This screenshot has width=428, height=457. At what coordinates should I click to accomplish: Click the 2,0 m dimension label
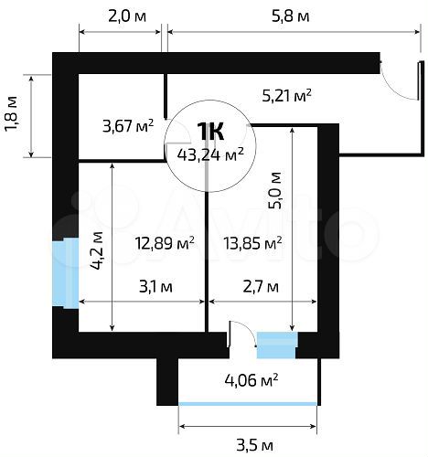click(120, 16)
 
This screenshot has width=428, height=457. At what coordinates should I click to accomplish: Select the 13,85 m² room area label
click(252, 242)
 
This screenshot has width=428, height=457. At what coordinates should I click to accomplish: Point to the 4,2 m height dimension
click(97, 248)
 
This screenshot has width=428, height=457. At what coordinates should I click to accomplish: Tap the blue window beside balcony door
click(277, 345)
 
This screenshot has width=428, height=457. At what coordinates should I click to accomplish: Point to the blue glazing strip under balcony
click(248, 403)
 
